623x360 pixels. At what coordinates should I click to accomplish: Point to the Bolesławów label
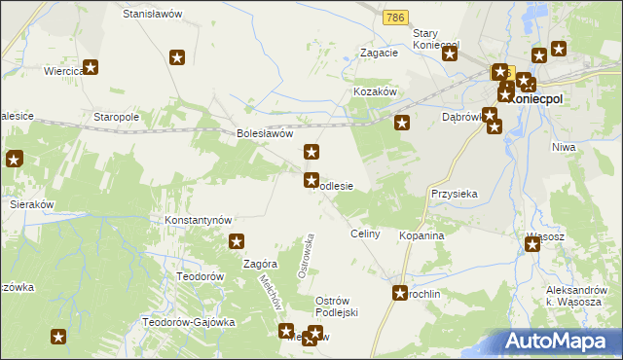(x=266, y=134)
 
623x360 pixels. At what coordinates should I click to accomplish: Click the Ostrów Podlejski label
(x=337, y=306)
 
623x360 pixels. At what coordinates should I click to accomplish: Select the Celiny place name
(x=365, y=235)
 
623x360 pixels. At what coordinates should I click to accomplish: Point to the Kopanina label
(x=421, y=236)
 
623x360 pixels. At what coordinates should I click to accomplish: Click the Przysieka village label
(x=455, y=194)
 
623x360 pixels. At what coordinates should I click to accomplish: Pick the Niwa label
(x=564, y=147)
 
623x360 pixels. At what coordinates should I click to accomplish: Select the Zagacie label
(x=379, y=53)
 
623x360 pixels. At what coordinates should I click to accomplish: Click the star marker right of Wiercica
(x=92, y=67)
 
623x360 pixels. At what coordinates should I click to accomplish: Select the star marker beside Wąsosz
(x=532, y=244)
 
